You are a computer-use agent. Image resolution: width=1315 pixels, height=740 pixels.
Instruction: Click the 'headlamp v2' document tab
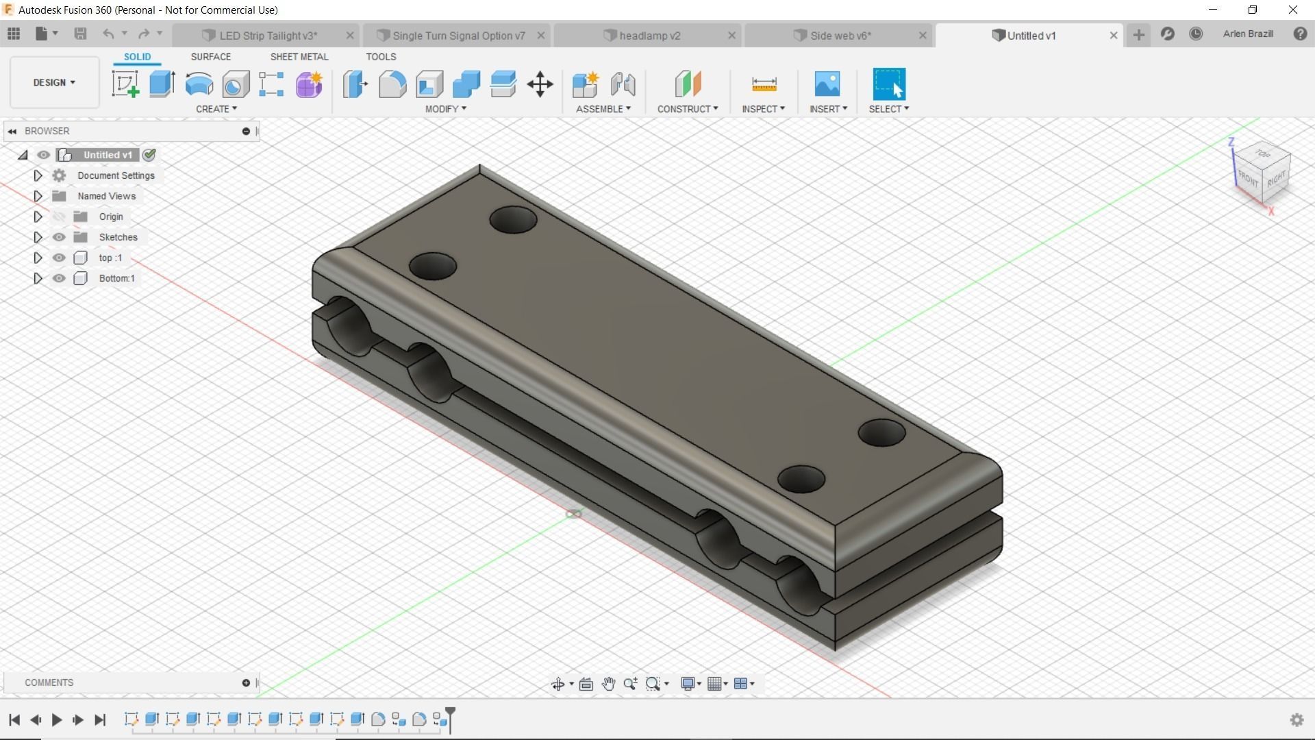tap(649, 36)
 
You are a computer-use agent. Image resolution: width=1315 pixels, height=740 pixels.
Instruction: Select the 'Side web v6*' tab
tap(840, 36)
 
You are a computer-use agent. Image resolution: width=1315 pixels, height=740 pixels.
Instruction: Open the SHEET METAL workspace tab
tap(299, 57)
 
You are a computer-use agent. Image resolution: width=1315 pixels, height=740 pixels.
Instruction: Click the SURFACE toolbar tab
tap(210, 57)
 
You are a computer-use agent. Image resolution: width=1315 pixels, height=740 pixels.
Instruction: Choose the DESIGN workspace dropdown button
tap(54, 82)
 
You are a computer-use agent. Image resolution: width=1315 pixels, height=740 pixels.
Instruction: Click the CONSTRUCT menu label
tap(687, 109)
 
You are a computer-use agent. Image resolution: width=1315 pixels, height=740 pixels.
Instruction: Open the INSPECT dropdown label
tap(762, 109)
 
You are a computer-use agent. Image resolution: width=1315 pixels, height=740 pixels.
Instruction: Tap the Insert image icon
tap(827, 84)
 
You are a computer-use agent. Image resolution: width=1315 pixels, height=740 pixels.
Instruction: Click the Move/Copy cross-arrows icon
tap(540, 84)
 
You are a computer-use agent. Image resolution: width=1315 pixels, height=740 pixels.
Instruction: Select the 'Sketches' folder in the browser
tap(118, 237)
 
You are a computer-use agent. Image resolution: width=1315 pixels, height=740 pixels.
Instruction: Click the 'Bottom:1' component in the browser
tap(116, 278)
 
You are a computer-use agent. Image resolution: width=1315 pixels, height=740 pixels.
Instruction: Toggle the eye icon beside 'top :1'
tap(59, 258)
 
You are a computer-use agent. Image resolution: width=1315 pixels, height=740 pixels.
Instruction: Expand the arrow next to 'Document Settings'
tap(38, 175)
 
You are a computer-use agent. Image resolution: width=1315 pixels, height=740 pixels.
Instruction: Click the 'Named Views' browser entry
tap(106, 196)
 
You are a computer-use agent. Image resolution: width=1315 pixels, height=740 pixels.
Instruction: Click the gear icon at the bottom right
tap(1297, 719)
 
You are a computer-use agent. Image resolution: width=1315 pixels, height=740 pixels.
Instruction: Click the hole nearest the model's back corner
tap(513, 220)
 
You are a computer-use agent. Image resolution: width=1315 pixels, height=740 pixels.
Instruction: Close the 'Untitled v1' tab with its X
tap(1114, 36)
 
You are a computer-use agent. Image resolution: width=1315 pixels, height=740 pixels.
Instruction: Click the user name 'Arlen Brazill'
tap(1248, 34)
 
